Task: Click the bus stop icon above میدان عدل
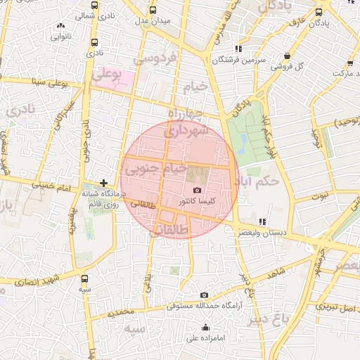pos(153,11)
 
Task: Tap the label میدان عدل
pos(155,22)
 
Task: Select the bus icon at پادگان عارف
pos(319,12)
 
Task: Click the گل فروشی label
pos(294,67)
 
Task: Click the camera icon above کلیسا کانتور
pos(197,191)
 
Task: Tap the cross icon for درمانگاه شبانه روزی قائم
pos(104,183)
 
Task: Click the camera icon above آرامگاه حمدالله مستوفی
pos(204,295)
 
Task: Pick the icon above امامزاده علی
pos(205,327)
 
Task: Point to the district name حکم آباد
pos(259,180)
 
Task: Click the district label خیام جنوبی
pos(155,169)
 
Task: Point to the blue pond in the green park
pos(243,143)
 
